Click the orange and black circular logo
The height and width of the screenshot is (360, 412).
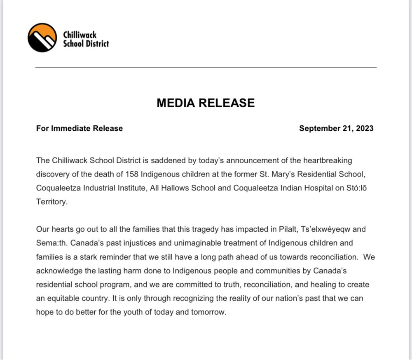42,38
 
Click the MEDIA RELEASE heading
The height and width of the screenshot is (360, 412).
206,103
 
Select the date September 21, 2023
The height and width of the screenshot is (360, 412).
336,128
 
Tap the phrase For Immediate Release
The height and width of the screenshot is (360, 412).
80,128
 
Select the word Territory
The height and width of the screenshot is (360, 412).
51,202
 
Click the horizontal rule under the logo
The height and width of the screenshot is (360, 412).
206,67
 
